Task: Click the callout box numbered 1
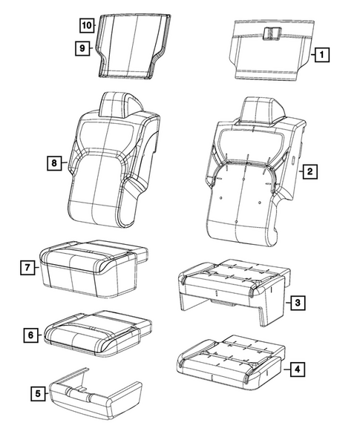[321, 54]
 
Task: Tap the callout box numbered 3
[297, 302]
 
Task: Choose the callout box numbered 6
[30, 335]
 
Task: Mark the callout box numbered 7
[26, 266]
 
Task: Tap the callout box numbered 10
[87, 25]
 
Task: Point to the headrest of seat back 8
[120, 102]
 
